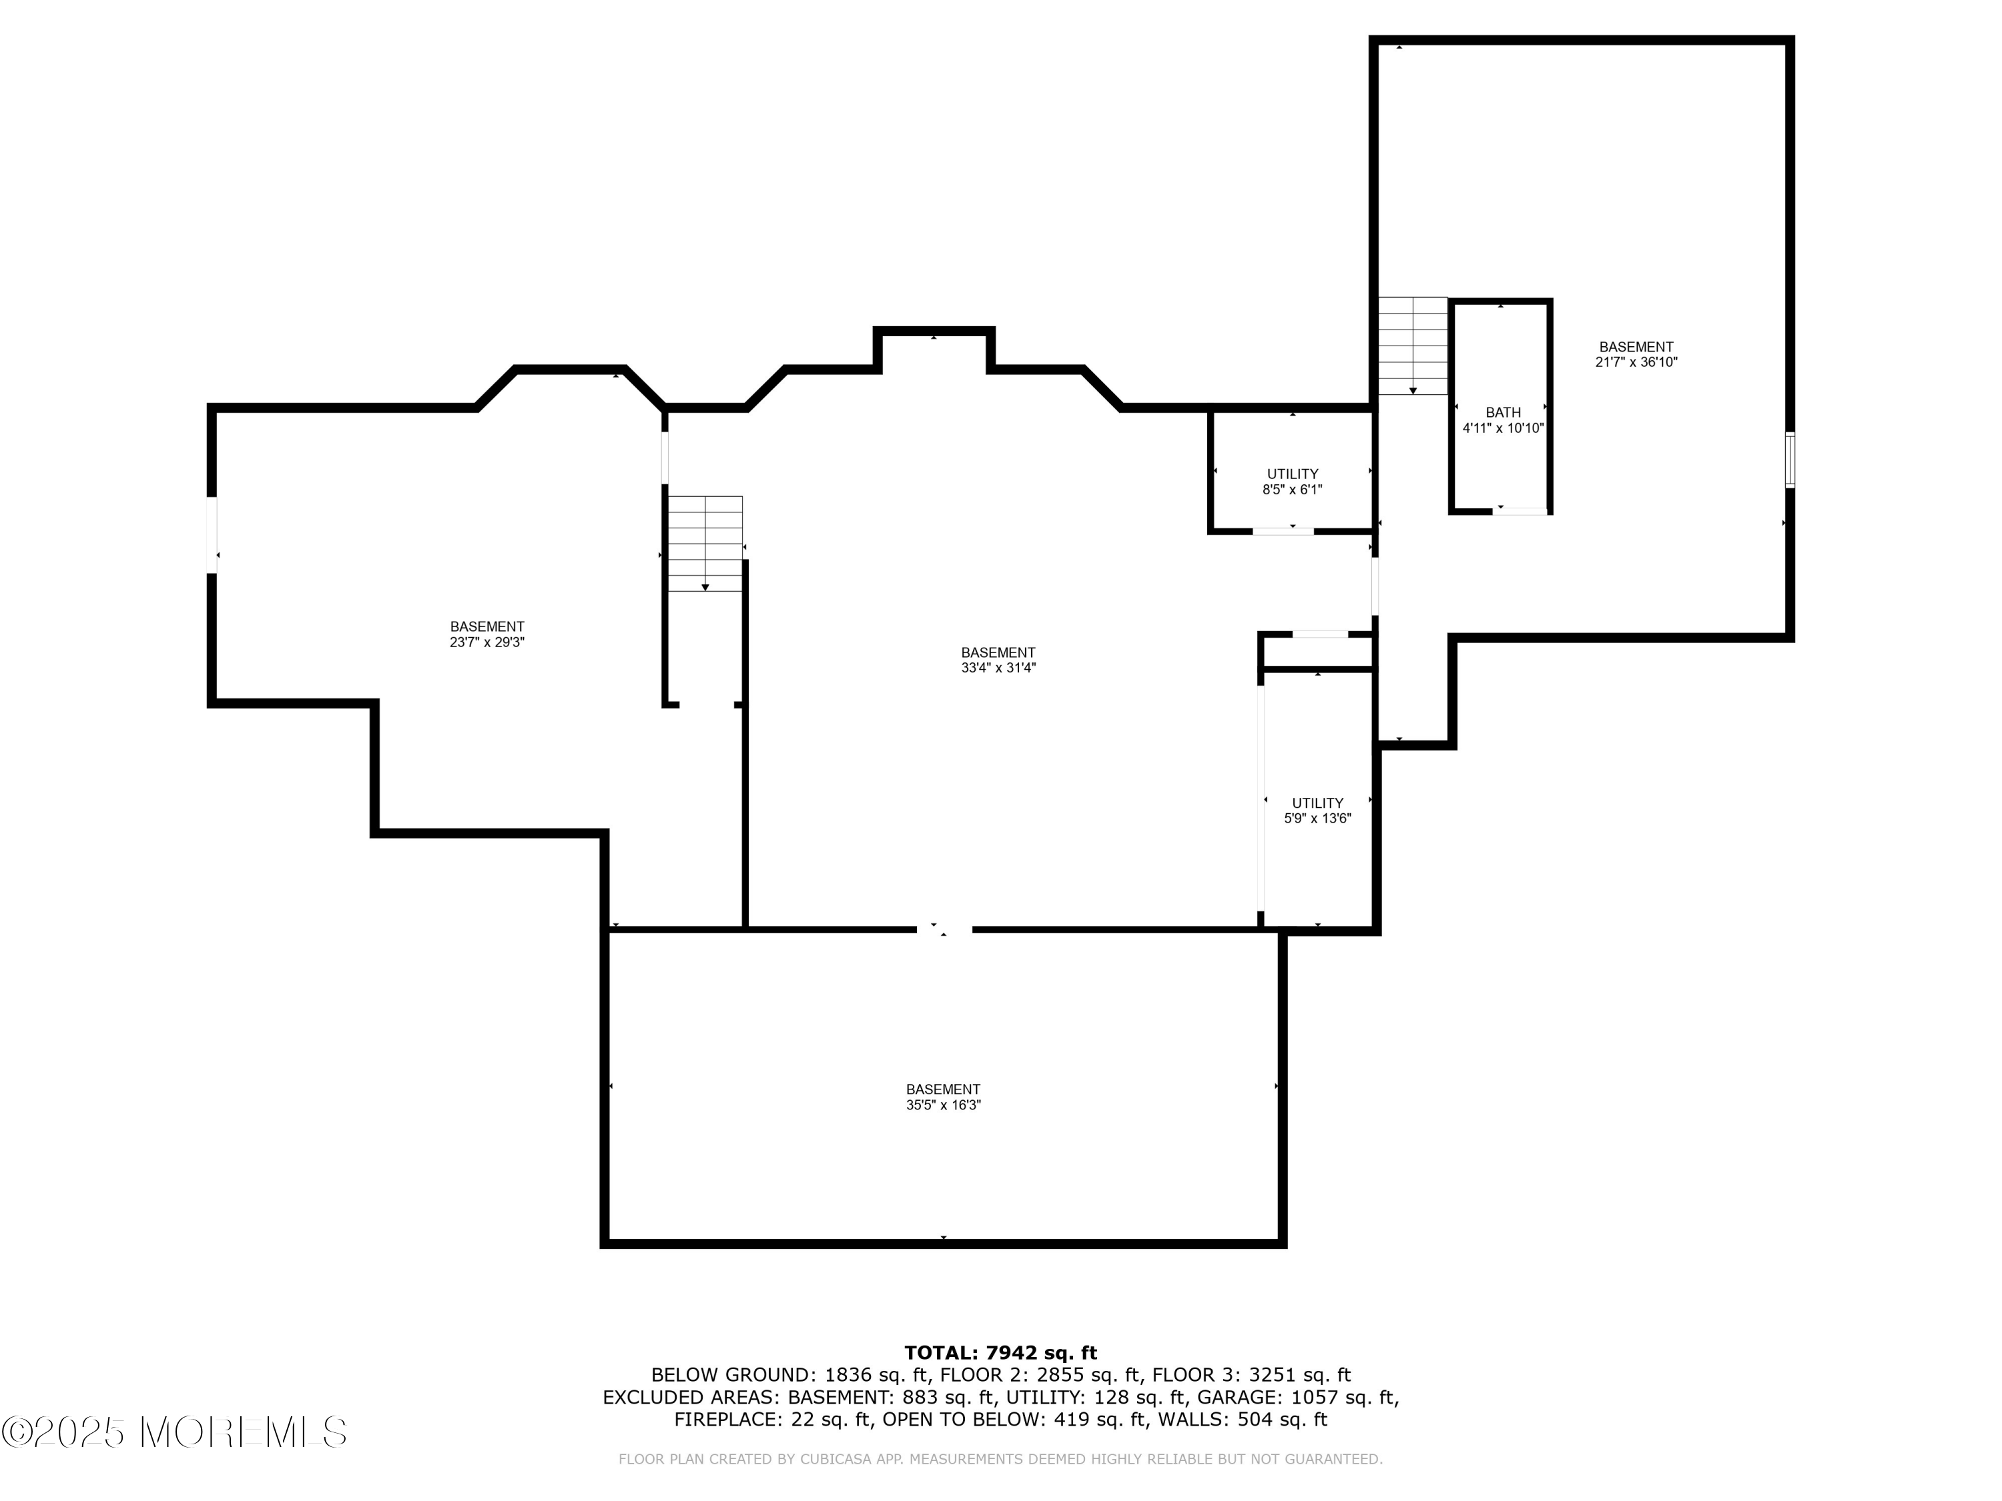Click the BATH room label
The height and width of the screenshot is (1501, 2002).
[x=1502, y=412]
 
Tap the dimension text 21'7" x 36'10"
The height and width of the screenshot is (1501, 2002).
[x=1636, y=362]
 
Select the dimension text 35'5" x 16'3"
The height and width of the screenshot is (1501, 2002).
[x=943, y=1105]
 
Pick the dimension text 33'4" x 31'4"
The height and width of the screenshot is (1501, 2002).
[x=998, y=668]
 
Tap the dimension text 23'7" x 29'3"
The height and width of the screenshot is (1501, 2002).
[x=487, y=642]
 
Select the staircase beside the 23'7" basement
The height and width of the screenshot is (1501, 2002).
[x=705, y=543]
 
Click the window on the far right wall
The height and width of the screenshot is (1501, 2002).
[x=1789, y=460]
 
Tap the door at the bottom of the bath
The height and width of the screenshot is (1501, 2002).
[x=1520, y=511]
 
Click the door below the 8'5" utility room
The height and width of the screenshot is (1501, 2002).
[x=1283, y=531]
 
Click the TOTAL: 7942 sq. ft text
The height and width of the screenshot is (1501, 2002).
[x=1000, y=1353]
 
